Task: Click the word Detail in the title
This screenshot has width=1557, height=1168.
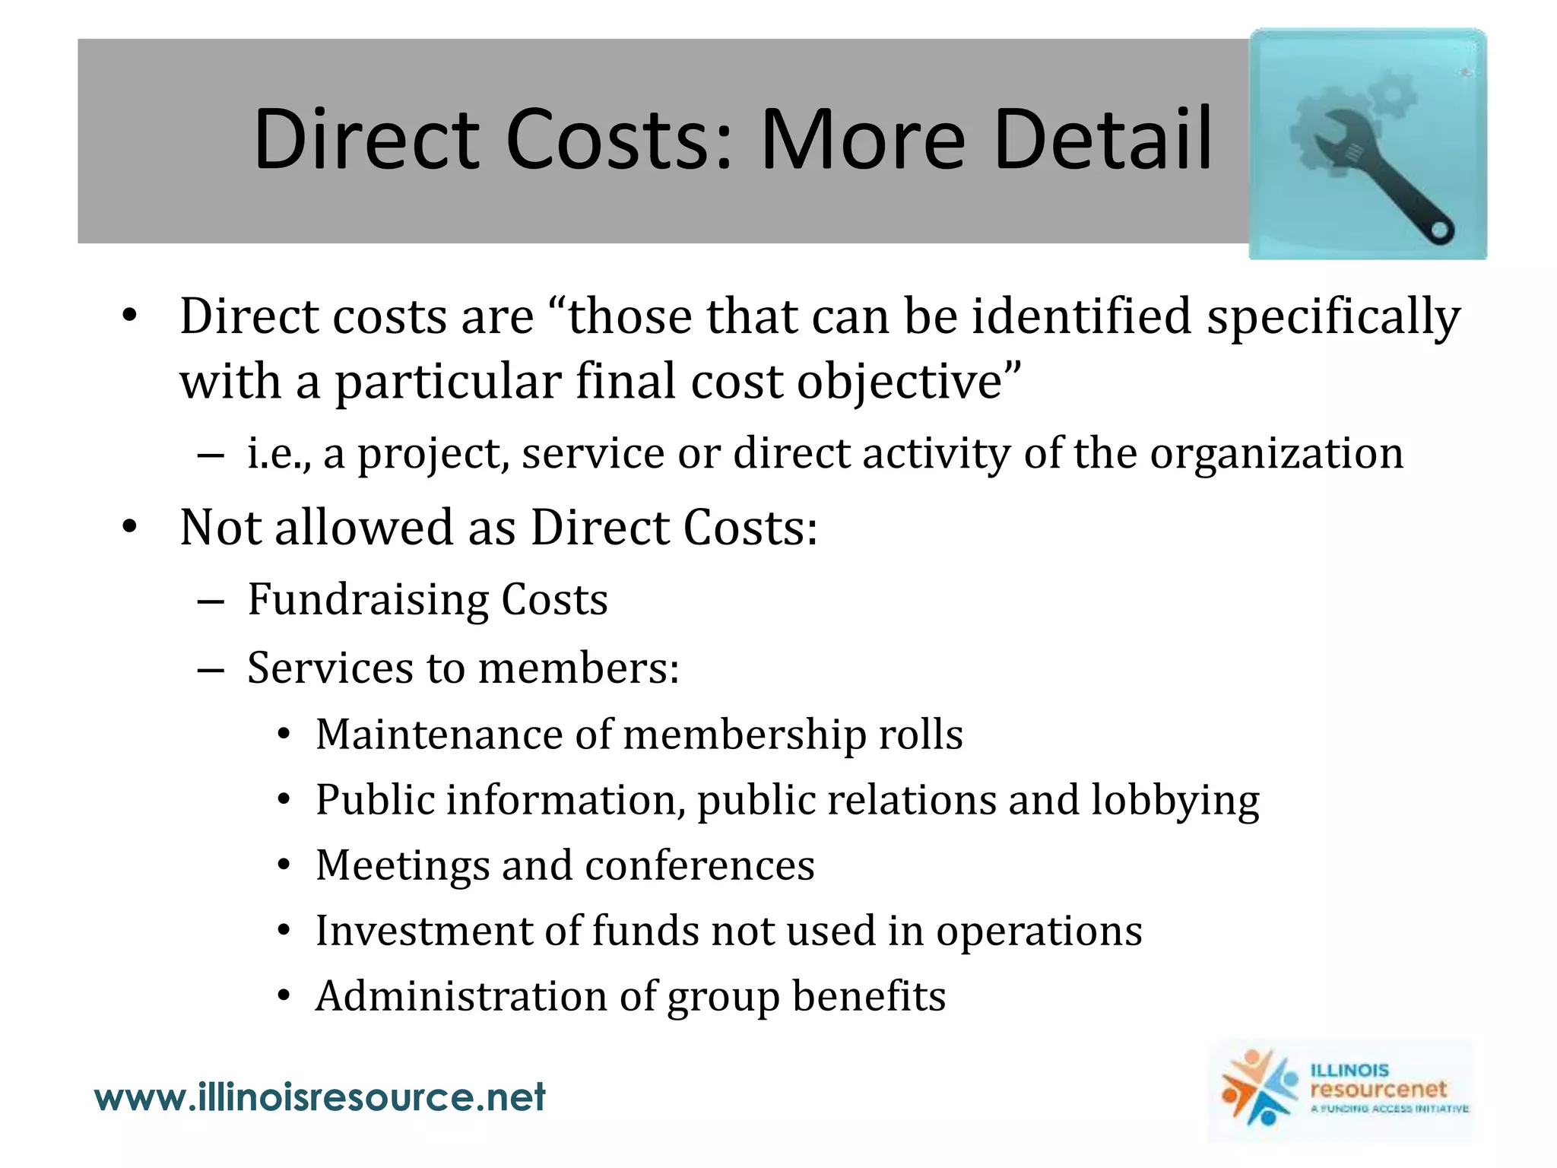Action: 1102,139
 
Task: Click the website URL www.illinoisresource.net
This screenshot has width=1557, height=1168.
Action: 319,1097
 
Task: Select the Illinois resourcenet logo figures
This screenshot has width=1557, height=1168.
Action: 1258,1087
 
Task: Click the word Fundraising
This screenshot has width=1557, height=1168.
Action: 368,600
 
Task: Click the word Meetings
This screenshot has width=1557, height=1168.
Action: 402,865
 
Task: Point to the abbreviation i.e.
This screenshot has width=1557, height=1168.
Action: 278,454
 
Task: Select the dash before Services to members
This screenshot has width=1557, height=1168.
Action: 210,669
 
